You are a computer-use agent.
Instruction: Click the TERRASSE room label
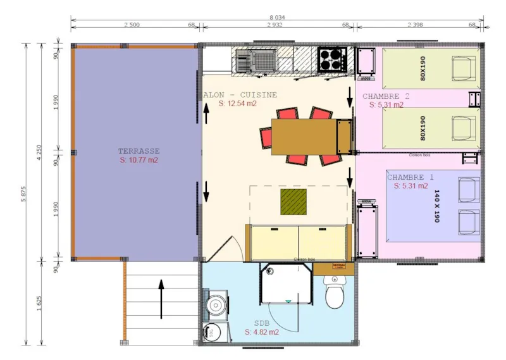(x=139, y=151)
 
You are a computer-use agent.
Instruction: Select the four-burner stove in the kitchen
(x=331, y=60)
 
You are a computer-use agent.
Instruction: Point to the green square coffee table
(x=293, y=202)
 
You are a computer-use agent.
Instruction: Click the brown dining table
(x=304, y=137)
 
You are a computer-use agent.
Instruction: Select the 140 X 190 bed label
(x=436, y=206)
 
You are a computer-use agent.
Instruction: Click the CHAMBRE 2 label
(x=386, y=96)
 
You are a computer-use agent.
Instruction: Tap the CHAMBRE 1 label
(x=410, y=177)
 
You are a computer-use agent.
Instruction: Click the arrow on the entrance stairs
(x=161, y=299)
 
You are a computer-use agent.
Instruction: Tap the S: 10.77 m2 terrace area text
(x=139, y=161)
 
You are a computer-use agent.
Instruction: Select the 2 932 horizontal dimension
(x=275, y=25)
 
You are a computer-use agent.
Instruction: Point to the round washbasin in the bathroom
(x=216, y=305)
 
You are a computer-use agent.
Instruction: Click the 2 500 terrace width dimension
(x=132, y=25)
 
